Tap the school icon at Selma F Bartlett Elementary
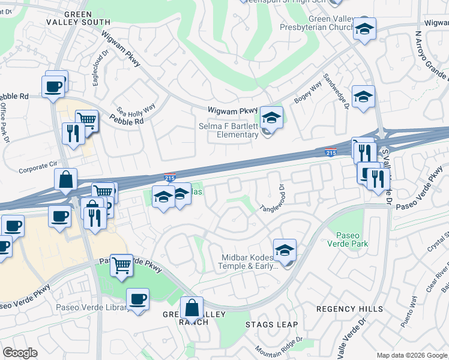pos(271,118)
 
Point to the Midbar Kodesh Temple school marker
pos(285,250)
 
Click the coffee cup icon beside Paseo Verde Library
pos(138,298)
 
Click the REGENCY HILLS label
pos(349,309)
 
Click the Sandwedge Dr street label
pos(336,92)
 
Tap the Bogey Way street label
pos(307,94)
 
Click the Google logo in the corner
pos(20,353)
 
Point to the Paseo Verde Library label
pos(92,308)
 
